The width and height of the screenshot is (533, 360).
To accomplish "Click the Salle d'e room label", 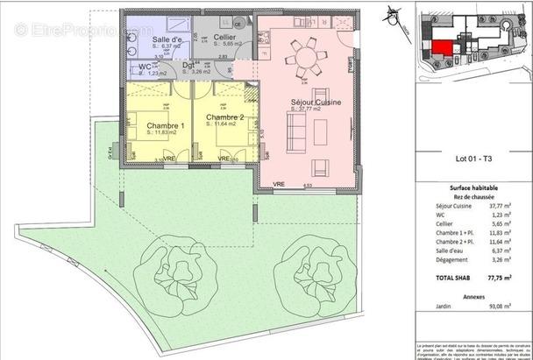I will click(167, 40).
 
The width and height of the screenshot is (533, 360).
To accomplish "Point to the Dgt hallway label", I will click(188, 65).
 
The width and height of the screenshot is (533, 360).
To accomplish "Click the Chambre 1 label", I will click(165, 126).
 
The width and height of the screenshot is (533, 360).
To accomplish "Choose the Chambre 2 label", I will click(224, 117).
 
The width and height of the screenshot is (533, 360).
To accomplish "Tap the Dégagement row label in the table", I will click(455, 259).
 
